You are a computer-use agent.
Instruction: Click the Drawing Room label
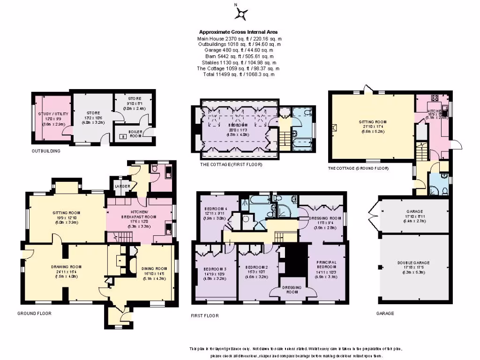pos(63,267)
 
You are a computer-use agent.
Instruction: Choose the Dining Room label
pos(154,269)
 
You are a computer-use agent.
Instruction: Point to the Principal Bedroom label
pos(327,264)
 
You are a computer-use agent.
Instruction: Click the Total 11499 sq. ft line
pos(240,74)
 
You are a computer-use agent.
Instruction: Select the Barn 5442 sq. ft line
pos(240,56)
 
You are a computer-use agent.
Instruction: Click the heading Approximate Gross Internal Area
pos(240,32)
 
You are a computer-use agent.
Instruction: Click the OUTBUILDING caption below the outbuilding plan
pos(46,151)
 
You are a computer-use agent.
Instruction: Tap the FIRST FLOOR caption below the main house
pos(204,315)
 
